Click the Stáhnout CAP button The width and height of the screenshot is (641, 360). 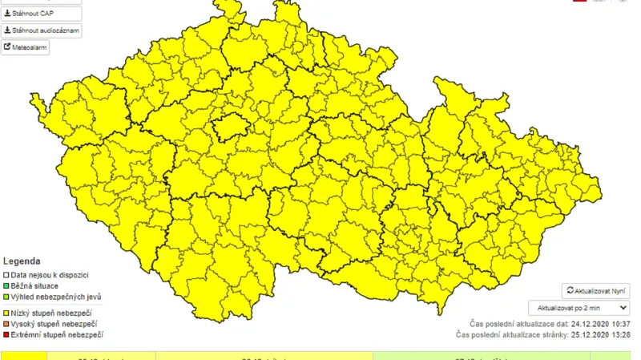point(41,14)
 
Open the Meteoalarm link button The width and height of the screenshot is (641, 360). point(26,47)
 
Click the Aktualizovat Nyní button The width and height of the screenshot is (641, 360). point(595,291)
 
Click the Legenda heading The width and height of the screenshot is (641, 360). point(22,261)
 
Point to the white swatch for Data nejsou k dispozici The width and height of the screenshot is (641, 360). point(6,275)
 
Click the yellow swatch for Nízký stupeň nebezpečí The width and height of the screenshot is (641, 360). point(6,312)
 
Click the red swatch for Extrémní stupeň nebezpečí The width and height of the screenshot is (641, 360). point(6,334)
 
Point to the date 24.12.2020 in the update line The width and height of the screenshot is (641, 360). point(585,322)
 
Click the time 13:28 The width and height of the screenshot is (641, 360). point(619,334)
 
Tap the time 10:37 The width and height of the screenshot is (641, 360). point(619,322)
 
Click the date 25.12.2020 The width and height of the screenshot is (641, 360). point(585,334)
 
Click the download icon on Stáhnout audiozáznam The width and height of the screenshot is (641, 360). point(7,30)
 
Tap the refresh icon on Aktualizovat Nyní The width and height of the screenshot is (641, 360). point(570,291)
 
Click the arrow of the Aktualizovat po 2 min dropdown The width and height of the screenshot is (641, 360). point(623,307)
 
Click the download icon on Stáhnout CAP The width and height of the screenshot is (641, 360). point(7,14)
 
